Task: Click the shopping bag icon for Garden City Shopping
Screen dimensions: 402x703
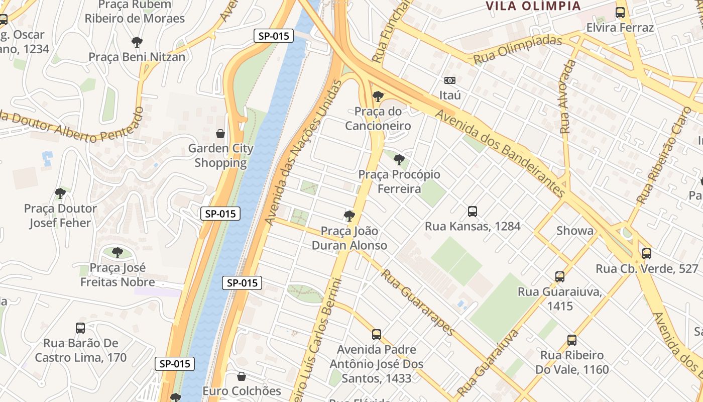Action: [x=220, y=134]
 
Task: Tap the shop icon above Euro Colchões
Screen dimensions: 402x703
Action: [x=242, y=376]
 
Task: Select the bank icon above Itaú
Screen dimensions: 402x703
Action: [x=450, y=80]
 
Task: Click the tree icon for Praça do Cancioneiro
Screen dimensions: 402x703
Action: [x=378, y=96]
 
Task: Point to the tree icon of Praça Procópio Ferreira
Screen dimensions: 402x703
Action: [x=399, y=160]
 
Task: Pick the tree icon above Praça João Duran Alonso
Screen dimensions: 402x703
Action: [x=349, y=217]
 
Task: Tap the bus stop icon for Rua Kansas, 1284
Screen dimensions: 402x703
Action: [x=472, y=212]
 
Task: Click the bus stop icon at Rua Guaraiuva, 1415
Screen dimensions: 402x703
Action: [x=560, y=277]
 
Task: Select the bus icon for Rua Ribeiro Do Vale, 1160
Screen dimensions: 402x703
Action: [x=571, y=340]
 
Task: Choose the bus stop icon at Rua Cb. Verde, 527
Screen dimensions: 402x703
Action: [x=647, y=254]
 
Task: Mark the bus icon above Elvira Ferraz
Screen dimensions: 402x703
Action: [x=620, y=13]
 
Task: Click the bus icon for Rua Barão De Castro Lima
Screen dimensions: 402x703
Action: [x=80, y=328]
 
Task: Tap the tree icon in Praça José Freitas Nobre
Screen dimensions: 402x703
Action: [x=118, y=253]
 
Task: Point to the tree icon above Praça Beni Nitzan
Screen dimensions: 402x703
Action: [x=137, y=42]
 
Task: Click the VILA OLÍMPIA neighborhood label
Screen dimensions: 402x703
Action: [x=533, y=6]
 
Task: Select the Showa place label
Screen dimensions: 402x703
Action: [x=574, y=231]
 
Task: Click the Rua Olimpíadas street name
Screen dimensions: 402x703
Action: [x=518, y=49]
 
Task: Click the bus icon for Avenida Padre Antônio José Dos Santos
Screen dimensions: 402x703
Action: [x=377, y=335]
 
